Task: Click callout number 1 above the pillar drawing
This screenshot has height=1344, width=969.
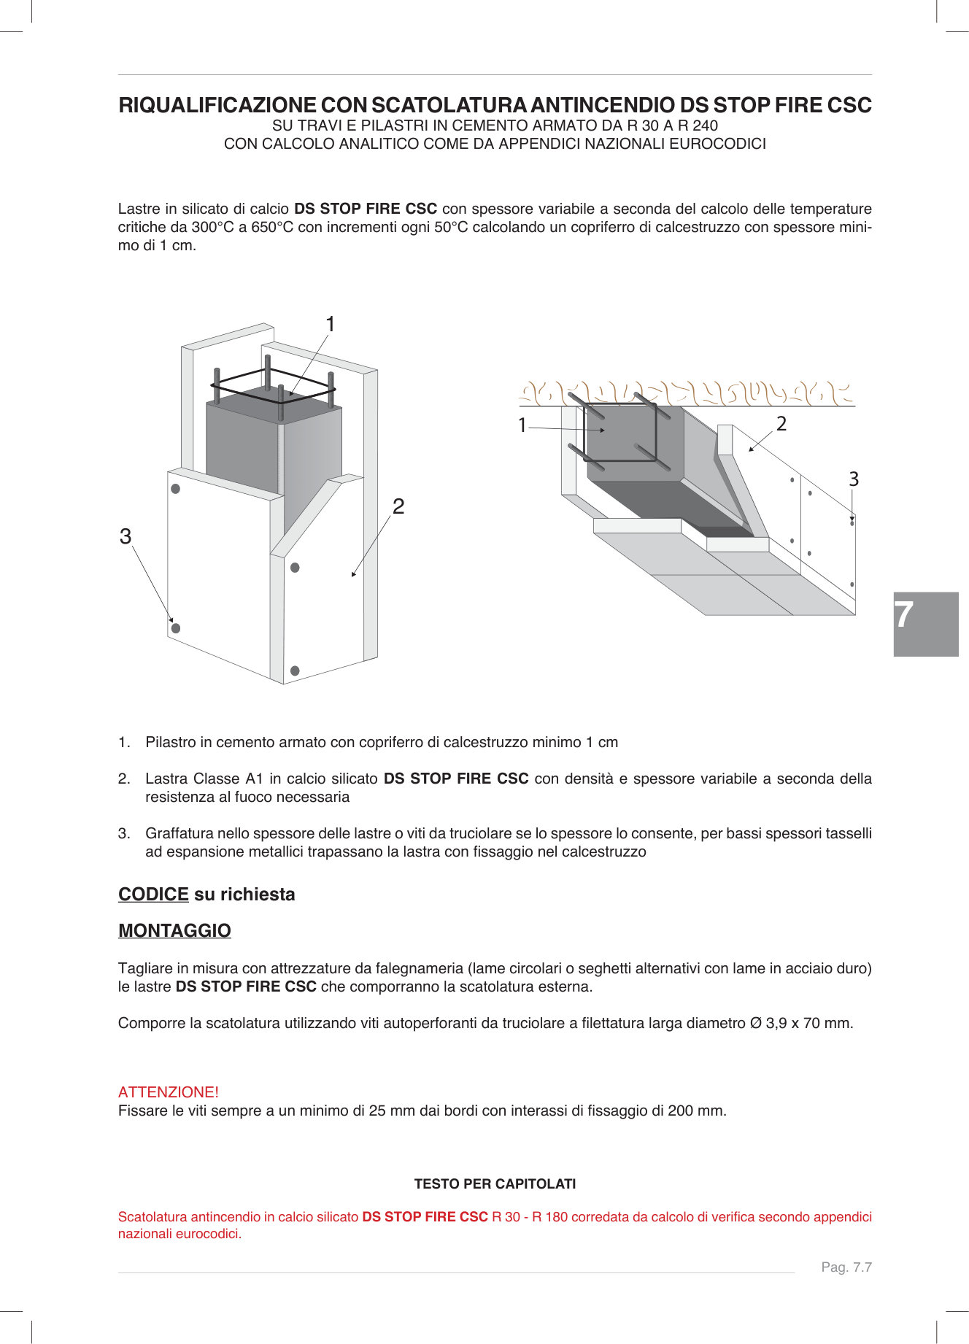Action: (x=330, y=324)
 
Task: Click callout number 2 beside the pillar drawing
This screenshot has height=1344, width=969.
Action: (x=398, y=506)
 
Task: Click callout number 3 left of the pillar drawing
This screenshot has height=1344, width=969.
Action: (x=126, y=536)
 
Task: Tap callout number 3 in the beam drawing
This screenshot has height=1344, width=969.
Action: (x=854, y=479)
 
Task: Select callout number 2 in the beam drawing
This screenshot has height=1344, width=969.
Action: (x=781, y=424)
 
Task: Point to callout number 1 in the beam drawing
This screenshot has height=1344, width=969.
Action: (x=522, y=425)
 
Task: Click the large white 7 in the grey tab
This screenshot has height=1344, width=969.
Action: (x=905, y=615)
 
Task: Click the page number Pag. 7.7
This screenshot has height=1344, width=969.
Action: (x=846, y=1267)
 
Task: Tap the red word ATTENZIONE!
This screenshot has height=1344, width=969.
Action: (x=169, y=1092)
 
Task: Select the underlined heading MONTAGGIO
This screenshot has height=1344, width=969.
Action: (x=174, y=931)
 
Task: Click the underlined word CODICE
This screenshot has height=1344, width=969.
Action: (x=153, y=895)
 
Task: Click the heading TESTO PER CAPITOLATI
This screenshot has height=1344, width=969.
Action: (x=495, y=1184)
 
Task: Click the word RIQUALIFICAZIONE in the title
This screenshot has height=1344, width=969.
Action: (x=217, y=106)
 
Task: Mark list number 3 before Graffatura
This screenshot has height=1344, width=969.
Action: (x=124, y=834)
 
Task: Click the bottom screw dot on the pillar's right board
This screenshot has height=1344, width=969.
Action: (x=295, y=671)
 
